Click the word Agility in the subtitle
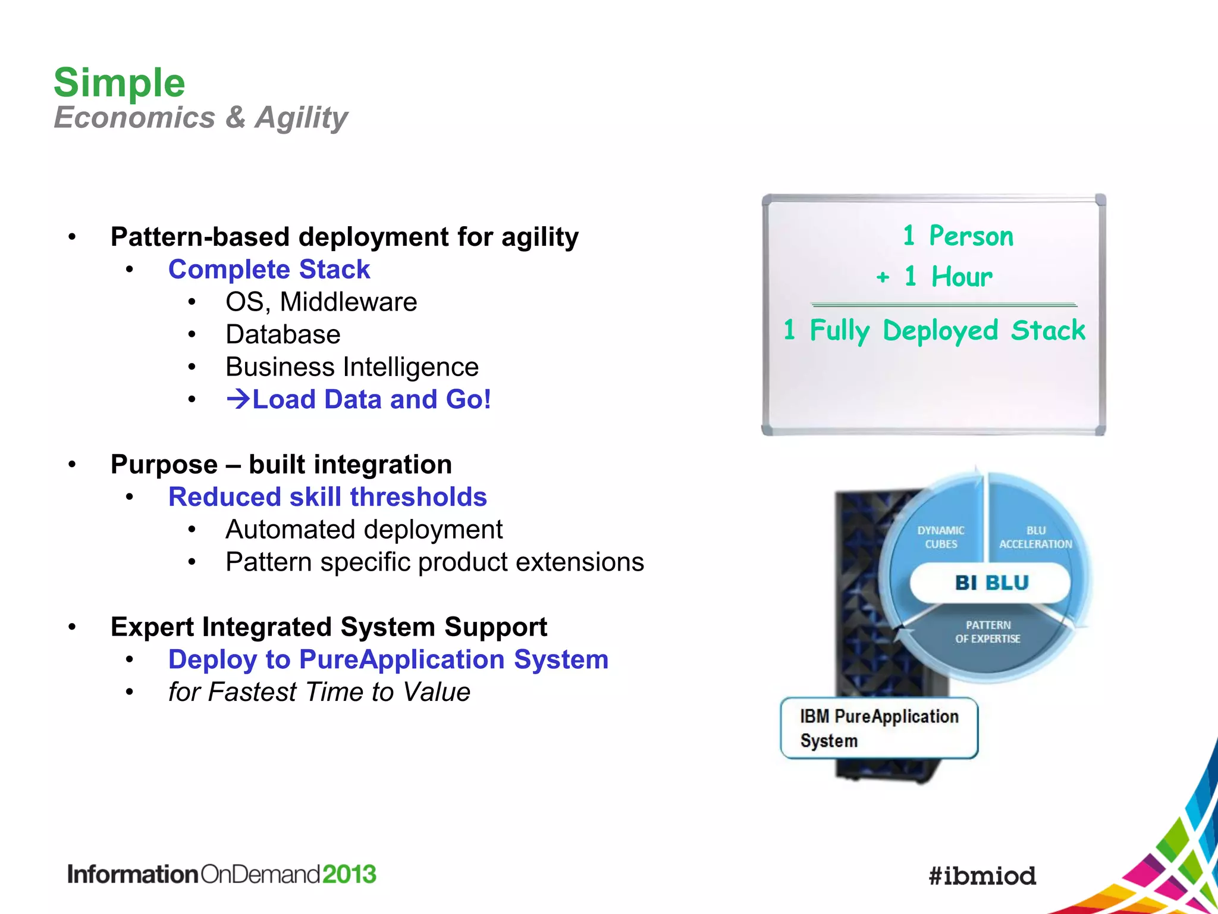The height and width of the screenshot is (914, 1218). tap(302, 117)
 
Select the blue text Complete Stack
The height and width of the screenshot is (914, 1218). tap(269, 270)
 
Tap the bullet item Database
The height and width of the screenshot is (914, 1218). tap(283, 334)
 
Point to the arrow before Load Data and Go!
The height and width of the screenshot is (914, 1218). tap(238, 399)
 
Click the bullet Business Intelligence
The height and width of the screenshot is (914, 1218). tap(352, 367)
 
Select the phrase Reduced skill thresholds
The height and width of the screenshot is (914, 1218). tap(327, 497)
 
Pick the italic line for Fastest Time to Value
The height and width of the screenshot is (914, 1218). tap(319, 692)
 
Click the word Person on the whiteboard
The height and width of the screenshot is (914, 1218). tap(971, 236)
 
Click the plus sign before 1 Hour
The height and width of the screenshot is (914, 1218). tap(883, 277)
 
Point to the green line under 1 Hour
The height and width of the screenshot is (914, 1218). tap(944, 305)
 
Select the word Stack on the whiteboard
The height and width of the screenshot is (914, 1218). tap(1048, 330)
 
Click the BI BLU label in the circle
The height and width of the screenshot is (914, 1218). tap(991, 583)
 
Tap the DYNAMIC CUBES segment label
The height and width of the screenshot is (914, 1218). tap(941, 537)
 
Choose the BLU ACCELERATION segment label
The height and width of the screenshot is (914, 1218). tap(1035, 537)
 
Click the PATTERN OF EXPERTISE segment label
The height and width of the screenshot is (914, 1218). tap(988, 631)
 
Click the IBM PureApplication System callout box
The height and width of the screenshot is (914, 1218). tap(879, 728)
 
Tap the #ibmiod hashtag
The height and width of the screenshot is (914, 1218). tap(982, 875)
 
